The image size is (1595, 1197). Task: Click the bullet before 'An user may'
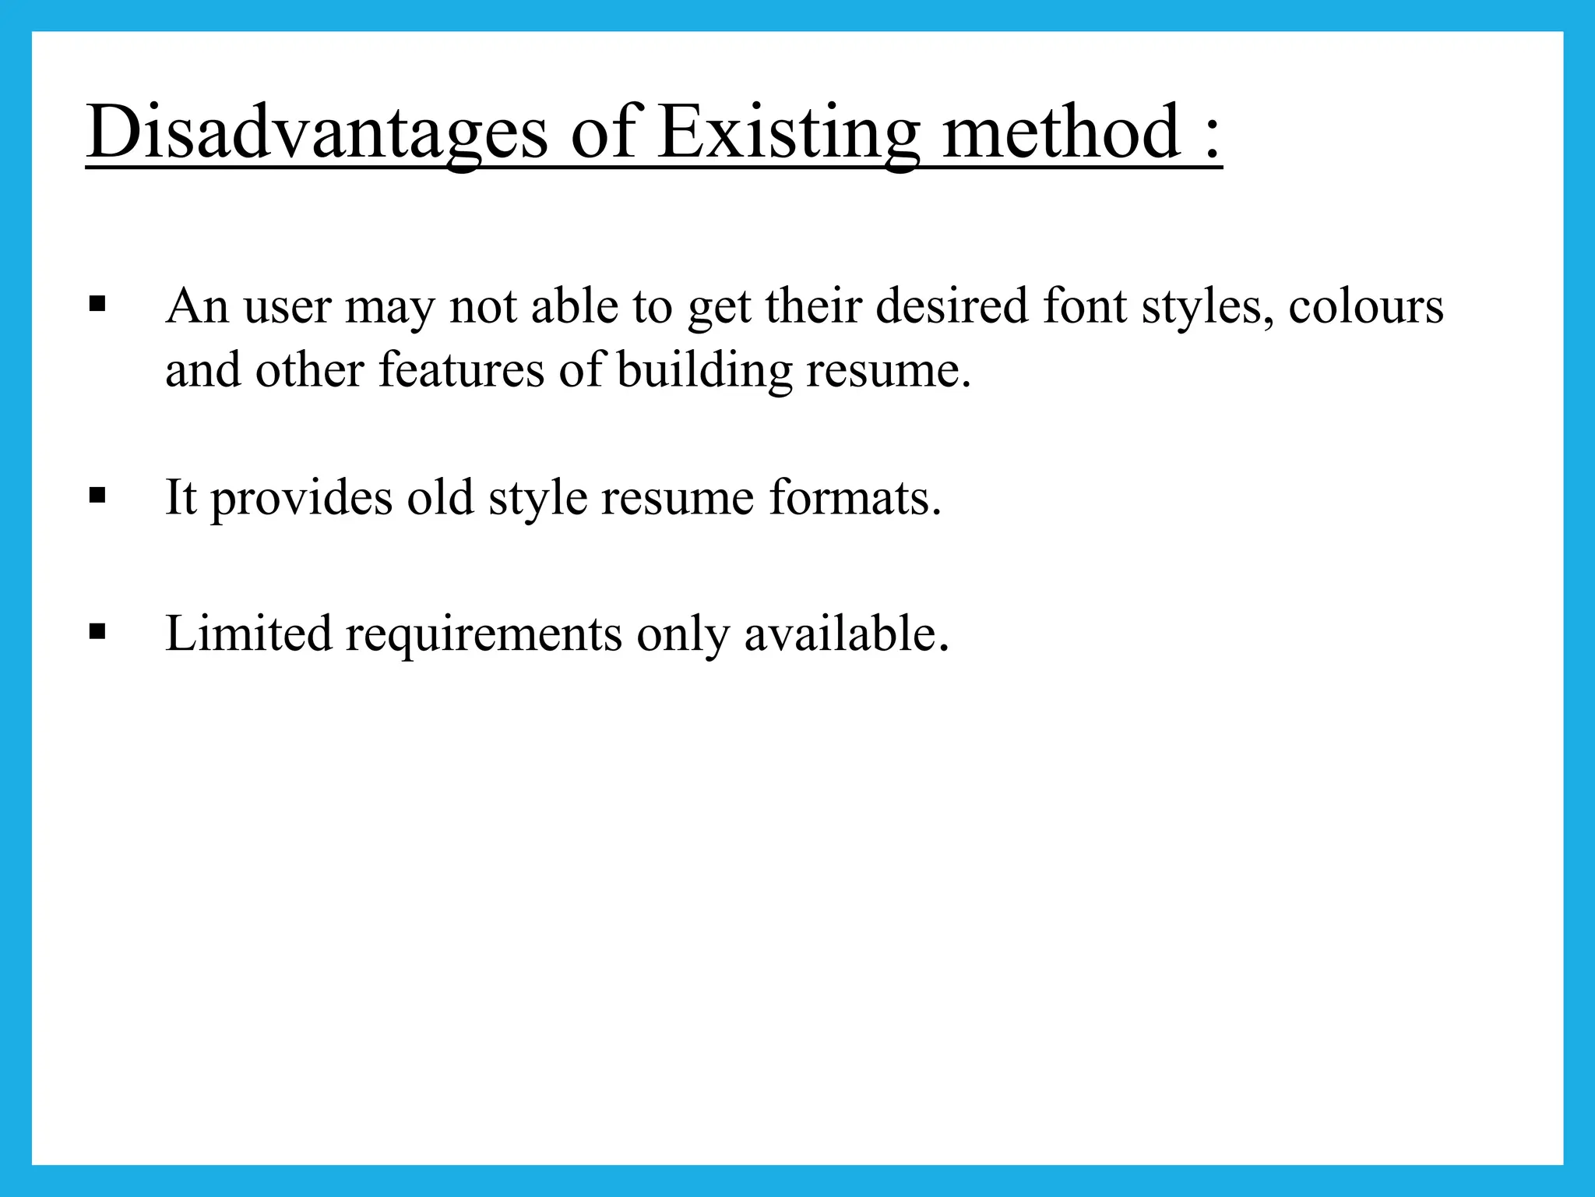(97, 304)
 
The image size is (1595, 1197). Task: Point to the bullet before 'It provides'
(97, 496)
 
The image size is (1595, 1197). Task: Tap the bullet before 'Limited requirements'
(97, 631)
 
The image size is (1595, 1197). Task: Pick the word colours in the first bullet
(1366, 305)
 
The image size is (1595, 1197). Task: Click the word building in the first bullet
(705, 369)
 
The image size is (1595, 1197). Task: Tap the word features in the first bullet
(461, 369)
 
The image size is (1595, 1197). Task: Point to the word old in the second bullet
(440, 497)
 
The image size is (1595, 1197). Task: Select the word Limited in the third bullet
(248, 633)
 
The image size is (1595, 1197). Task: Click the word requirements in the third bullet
(484, 634)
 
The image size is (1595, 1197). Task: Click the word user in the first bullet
(287, 307)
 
